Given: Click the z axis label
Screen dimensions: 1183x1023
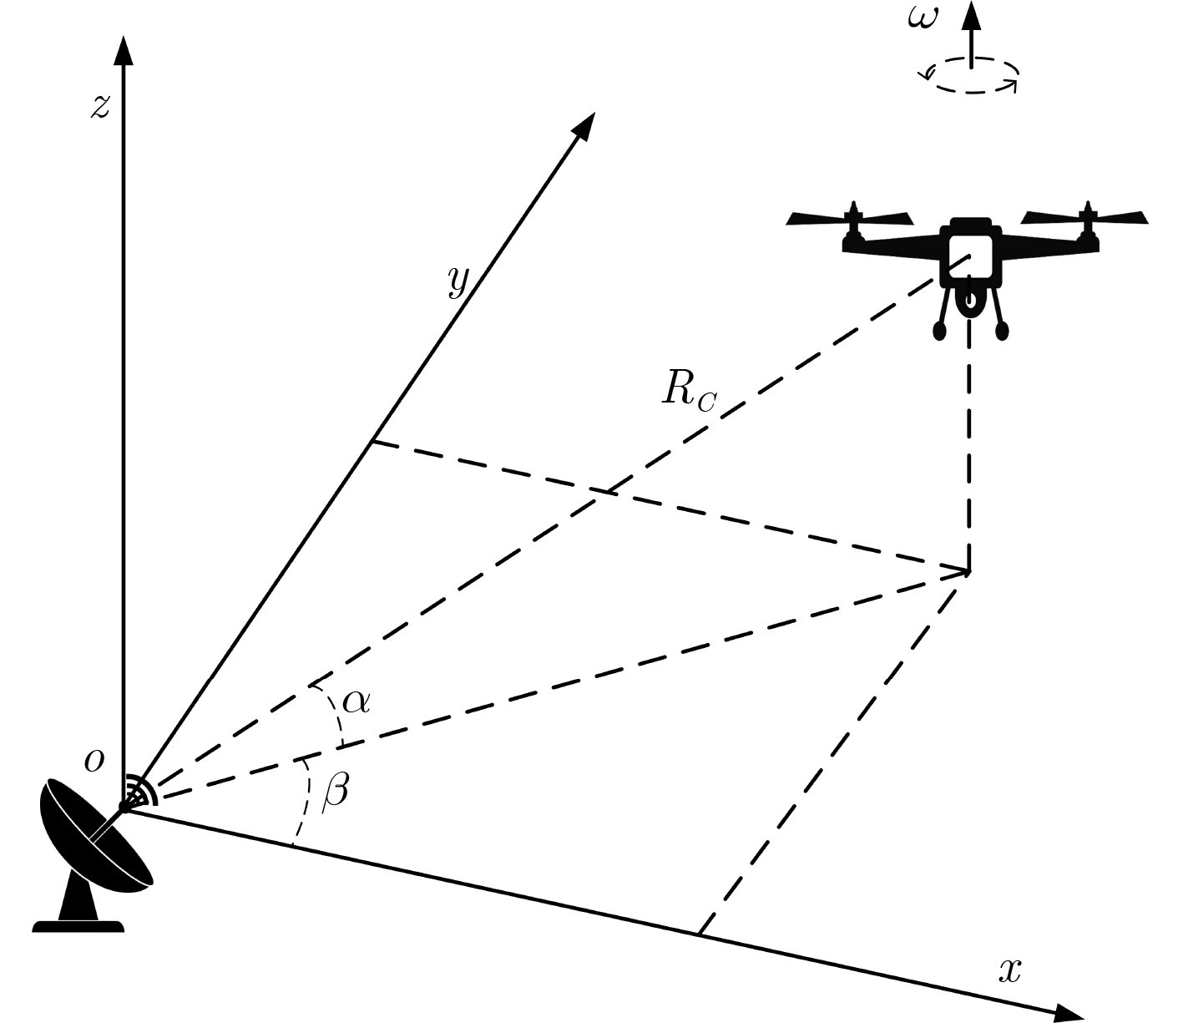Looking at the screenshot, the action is click(x=100, y=107).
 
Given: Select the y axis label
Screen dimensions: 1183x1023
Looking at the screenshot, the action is click(x=458, y=281).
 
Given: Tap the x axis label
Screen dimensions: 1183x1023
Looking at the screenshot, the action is click(x=1010, y=970).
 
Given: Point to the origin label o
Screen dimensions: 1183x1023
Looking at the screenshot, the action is click(x=95, y=761).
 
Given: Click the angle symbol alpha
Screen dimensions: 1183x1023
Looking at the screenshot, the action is click(x=356, y=701).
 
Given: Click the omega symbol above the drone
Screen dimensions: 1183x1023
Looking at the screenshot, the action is click(x=923, y=18).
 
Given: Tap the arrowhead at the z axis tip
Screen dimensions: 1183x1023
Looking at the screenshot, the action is click(x=124, y=50).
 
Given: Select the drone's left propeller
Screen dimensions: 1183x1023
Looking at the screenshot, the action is click(x=850, y=218).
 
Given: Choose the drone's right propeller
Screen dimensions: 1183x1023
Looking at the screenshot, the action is click(x=1084, y=217).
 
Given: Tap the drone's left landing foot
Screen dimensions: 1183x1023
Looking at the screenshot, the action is click(x=939, y=331).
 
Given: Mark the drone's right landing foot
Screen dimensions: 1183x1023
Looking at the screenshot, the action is click(x=1002, y=331).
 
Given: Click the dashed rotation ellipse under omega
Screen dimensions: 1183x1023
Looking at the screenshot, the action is click(x=971, y=92).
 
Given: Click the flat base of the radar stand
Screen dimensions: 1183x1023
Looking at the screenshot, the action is click(x=78, y=927).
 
